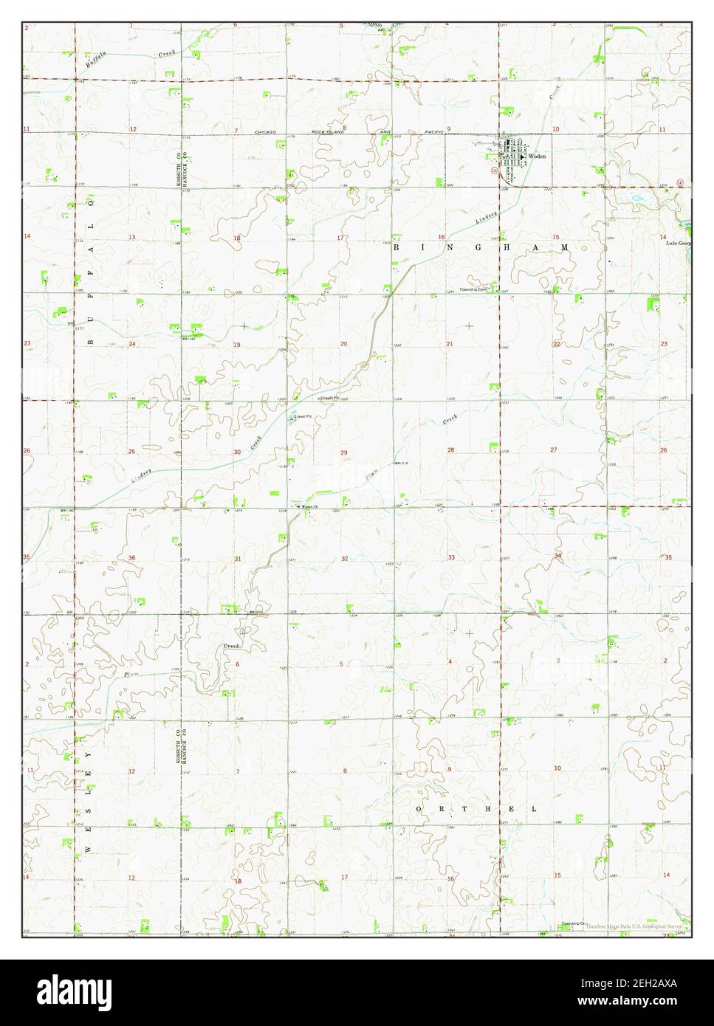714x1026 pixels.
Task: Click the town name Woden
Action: coord(535,157)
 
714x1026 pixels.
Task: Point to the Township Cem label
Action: coord(473,289)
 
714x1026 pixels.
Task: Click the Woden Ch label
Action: coord(309,506)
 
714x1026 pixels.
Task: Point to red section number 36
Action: coord(131,558)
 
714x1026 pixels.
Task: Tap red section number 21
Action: coord(449,345)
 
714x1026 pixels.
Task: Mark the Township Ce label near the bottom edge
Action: coord(572,924)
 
